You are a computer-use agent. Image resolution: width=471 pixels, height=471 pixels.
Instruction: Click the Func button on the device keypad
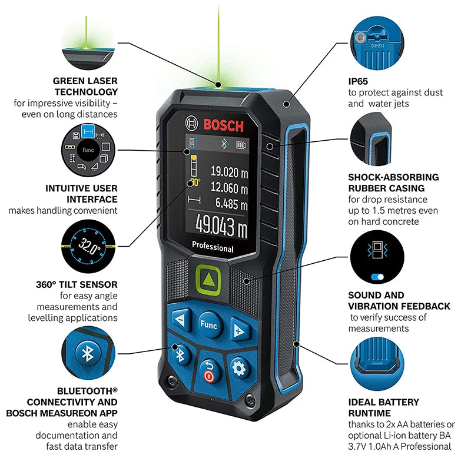(x=208, y=326)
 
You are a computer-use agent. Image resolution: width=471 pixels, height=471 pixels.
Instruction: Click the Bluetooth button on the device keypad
(x=181, y=354)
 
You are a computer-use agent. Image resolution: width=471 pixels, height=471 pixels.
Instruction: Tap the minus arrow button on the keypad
(x=180, y=321)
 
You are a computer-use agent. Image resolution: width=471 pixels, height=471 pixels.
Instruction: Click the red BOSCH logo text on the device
(x=223, y=125)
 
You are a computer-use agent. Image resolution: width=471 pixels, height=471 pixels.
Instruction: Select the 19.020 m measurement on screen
(x=229, y=172)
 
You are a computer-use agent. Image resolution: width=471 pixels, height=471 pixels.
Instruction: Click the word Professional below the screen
(x=212, y=248)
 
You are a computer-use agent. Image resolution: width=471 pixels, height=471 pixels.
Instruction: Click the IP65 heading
(x=360, y=81)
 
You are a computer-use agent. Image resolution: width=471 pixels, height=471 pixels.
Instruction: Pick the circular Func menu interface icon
(x=88, y=150)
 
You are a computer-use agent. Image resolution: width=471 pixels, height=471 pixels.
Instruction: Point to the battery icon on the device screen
(x=240, y=144)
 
